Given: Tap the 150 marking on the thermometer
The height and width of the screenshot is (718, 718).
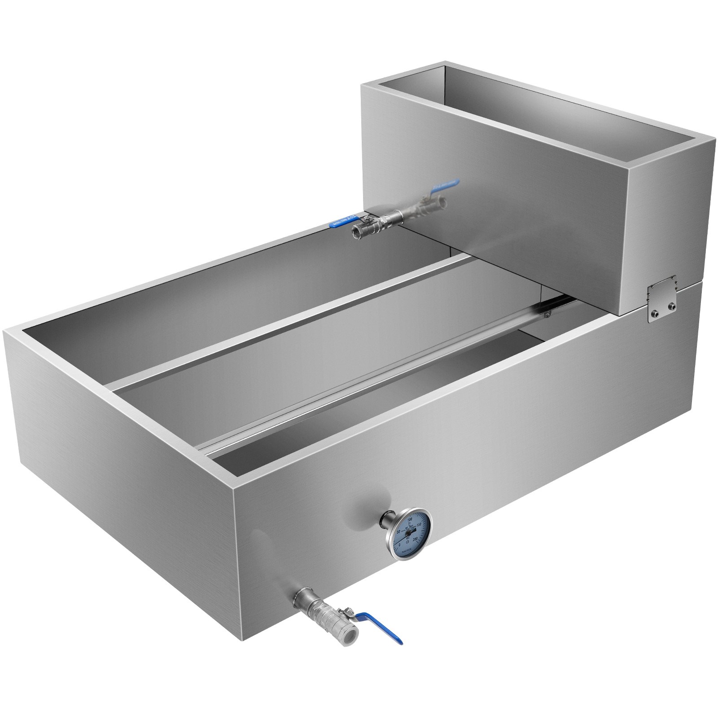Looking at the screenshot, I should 419,525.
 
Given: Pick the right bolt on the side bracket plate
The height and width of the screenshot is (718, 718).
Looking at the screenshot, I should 672,307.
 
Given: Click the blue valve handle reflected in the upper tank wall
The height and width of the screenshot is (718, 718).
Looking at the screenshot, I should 442,184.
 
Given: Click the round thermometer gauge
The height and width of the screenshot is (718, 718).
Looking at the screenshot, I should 408,533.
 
